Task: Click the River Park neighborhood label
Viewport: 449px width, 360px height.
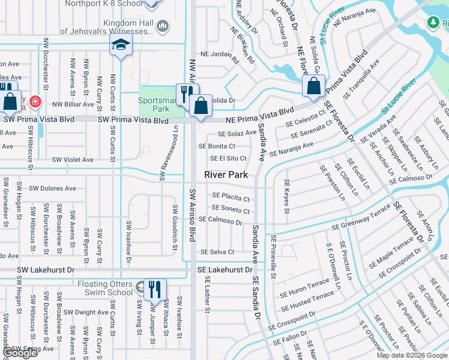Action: point(226,175)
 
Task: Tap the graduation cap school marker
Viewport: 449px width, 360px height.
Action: point(121,46)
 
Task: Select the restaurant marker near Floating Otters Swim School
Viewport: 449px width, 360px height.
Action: point(155,289)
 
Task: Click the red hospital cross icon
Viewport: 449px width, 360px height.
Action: point(35,101)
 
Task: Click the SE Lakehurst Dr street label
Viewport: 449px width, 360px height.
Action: point(225,271)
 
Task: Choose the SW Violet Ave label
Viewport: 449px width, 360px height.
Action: point(73,160)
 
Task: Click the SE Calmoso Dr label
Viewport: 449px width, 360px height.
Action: point(220,221)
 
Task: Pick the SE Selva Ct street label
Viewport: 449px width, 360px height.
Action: point(217,252)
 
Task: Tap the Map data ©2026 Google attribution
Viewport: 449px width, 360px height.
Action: point(412,355)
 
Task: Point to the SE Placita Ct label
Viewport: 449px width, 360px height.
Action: point(231,197)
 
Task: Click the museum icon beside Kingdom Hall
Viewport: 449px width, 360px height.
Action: point(163,26)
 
